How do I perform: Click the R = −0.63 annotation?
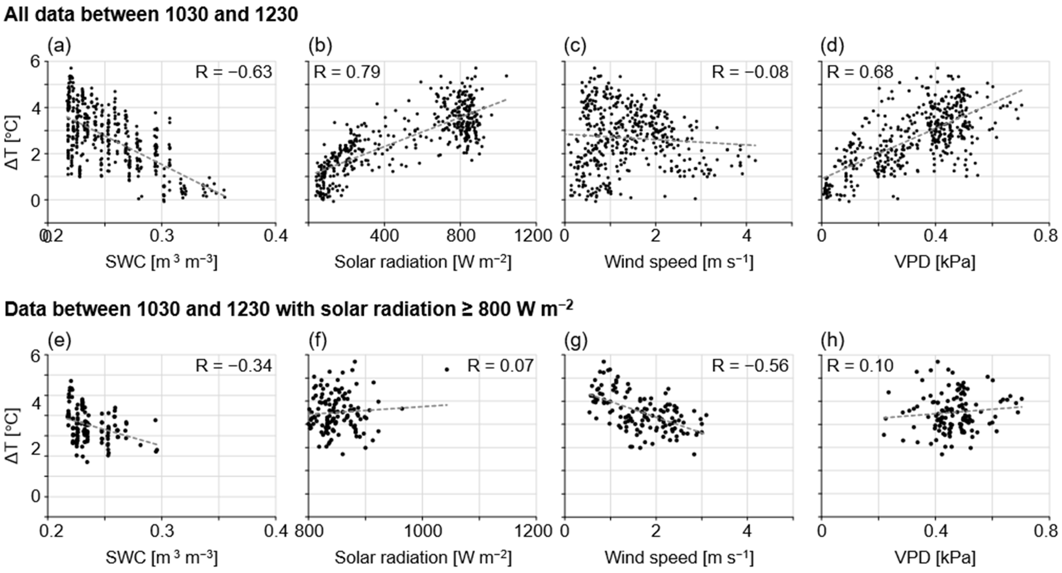(x=234, y=72)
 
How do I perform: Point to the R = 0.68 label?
(x=860, y=72)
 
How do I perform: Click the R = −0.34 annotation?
(x=234, y=366)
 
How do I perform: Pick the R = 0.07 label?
(x=500, y=366)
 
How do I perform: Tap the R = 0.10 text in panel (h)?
(x=860, y=366)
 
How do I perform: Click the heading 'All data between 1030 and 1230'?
(x=151, y=15)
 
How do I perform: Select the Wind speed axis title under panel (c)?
(x=678, y=262)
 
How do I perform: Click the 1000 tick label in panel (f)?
(x=422, y=532)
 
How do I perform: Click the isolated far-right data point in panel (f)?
(x=446, y=369)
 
